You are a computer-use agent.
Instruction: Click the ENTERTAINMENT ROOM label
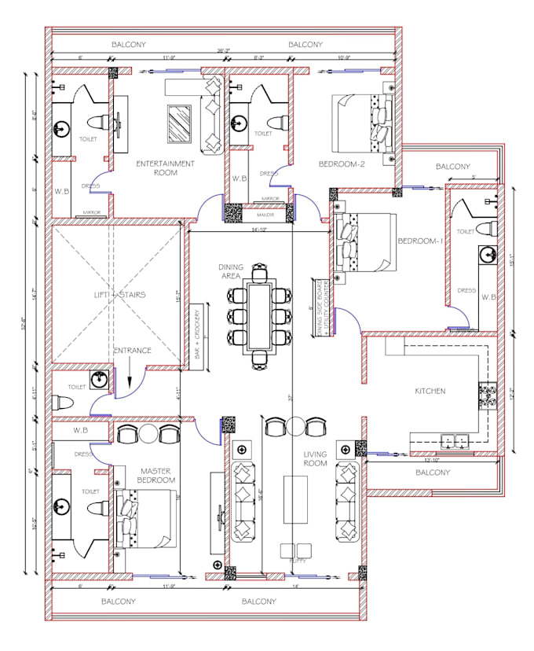[165, 168]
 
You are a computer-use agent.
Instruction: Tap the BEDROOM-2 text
[342, 164]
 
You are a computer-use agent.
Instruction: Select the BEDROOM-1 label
[421, 241]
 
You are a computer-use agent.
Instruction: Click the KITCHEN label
[430, 391]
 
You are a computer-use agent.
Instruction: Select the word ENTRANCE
[132, 351]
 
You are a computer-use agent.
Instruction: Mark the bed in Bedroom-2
[361, 124]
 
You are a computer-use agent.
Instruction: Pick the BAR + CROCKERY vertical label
[196, 333]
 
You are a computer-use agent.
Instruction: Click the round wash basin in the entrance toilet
[98, 381]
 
